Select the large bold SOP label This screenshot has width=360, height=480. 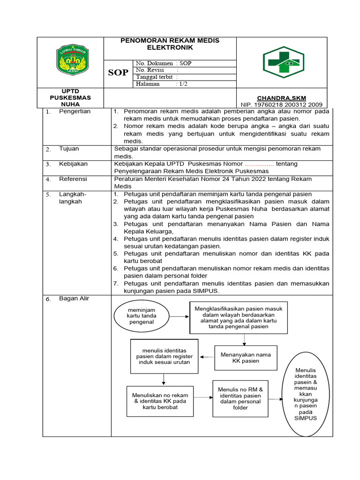coord(118,73)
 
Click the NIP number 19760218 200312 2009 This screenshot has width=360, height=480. coord(281,105)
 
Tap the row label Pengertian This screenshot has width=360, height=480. coord(75,112)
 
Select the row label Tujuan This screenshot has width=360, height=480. coord(69,149)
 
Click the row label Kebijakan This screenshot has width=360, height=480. coord(73,164)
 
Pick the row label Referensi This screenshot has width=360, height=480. coord(73,179)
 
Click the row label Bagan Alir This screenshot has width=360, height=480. coord(74,299)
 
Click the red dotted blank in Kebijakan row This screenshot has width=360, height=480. coord(259,164)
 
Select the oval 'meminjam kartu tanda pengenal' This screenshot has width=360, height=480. coord(141,316)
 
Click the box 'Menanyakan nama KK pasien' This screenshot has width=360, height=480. coord(246,358)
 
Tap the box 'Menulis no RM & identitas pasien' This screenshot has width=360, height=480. coord(240,398)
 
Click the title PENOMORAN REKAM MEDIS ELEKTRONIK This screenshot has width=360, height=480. coord(170,44)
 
